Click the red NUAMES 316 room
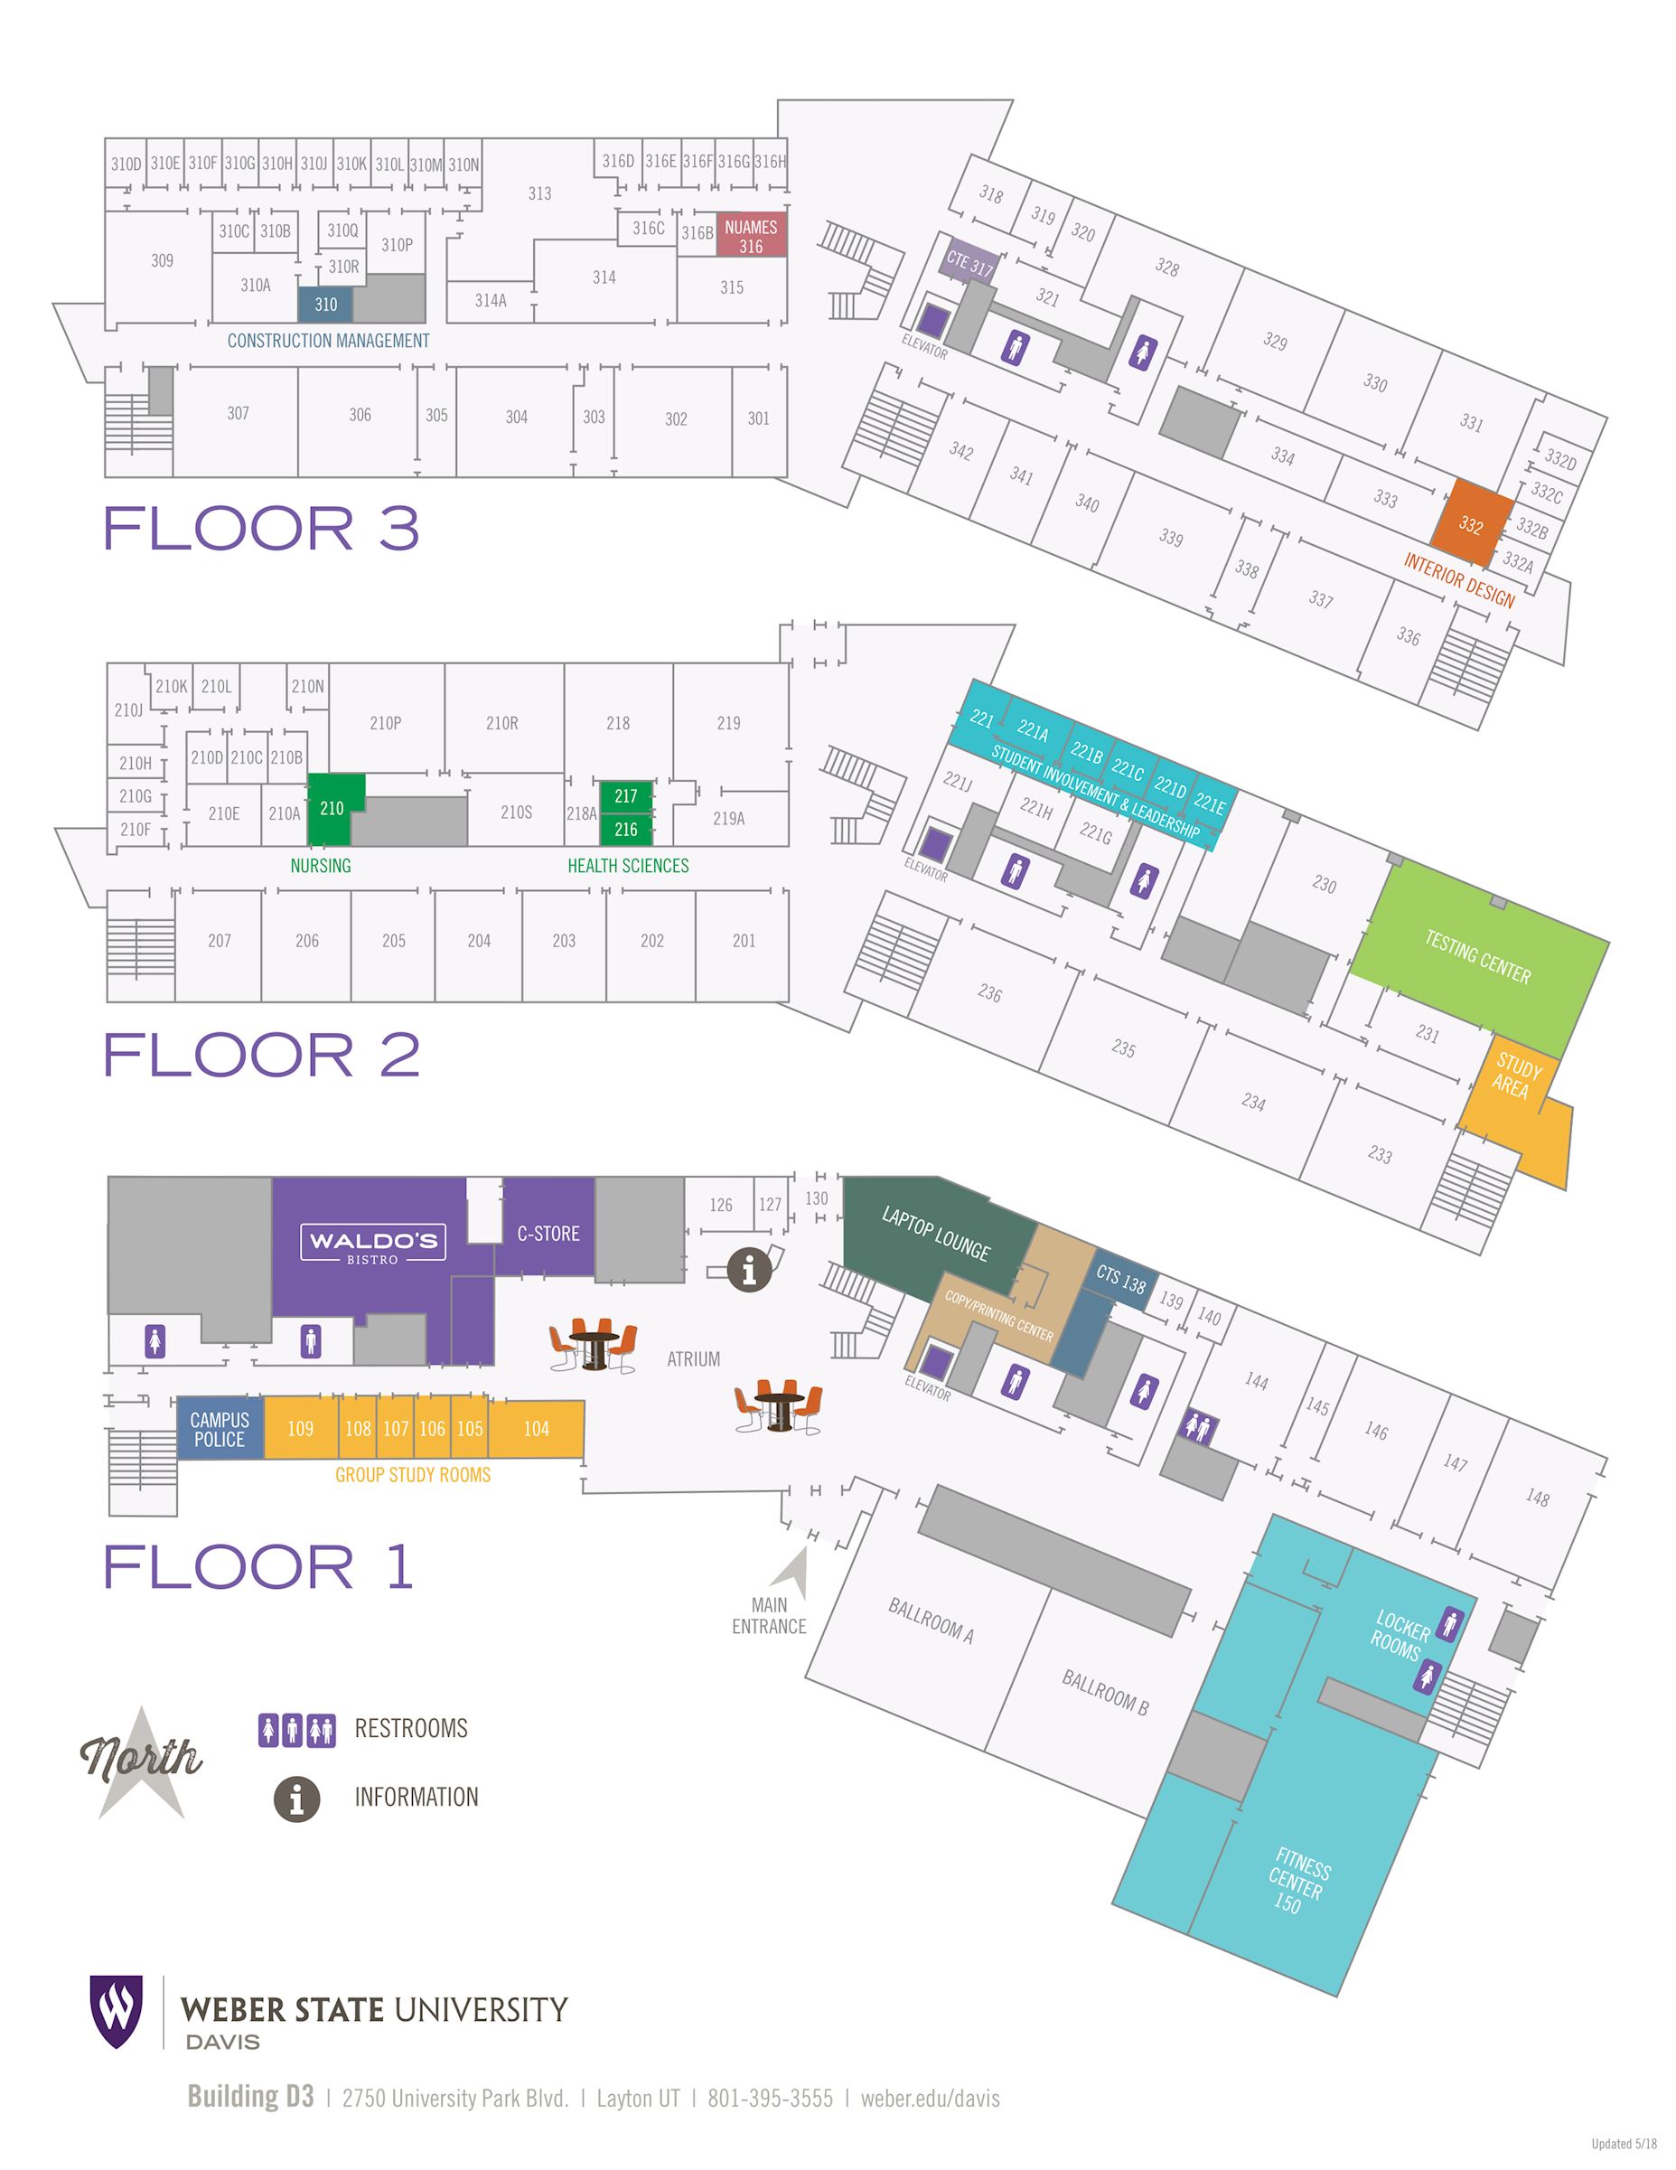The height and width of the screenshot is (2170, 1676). tap(752, 234)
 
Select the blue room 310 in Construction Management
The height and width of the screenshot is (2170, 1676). tap(326, 304)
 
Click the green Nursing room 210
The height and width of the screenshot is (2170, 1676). tap(332, 808)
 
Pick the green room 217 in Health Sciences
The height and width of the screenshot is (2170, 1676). tap(626, 796)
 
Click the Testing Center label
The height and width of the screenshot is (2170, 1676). tap(1477, 956)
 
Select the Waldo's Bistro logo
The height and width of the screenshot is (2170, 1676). tap(373, 1243)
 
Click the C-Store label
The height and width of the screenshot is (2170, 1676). tap(548, 1233)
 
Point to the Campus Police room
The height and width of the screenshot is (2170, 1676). tap(220, 1429)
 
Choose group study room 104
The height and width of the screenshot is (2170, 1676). tap(537, 1429)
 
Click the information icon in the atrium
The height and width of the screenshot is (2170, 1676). tap(750, 1269)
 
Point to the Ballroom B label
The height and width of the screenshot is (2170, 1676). tap(1105, 1693)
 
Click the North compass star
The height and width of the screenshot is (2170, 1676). tap(141, 1767)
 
